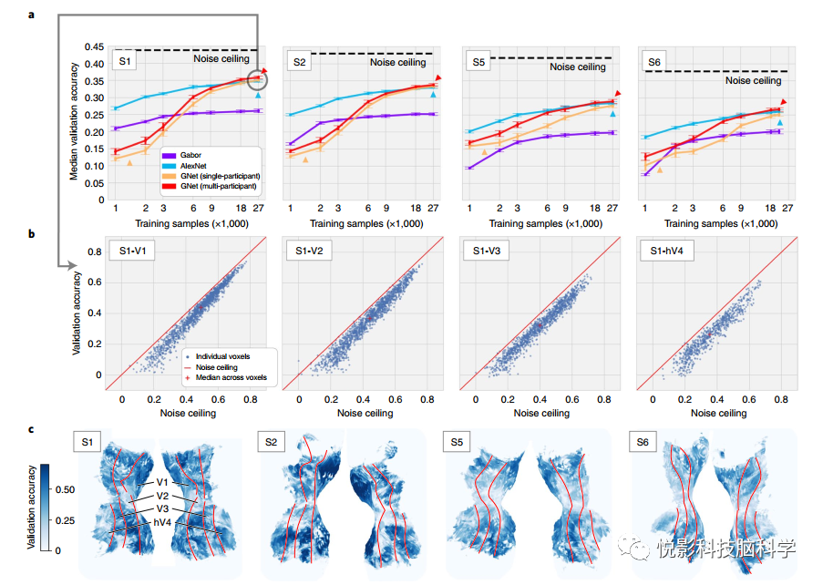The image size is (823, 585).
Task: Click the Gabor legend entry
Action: (x=192, y=156)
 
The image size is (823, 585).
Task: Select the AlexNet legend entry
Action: (x=195, y=166)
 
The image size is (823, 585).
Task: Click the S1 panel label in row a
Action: (x=124, y=61)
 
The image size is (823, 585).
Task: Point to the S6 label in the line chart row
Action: (x=653, y=62)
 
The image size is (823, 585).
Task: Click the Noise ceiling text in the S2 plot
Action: (x=397, y=63)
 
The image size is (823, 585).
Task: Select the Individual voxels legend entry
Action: (x=221, y=355)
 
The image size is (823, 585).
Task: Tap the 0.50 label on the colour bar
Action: (x=67, y=490)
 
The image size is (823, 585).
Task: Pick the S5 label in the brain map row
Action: (x=458, y=444)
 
